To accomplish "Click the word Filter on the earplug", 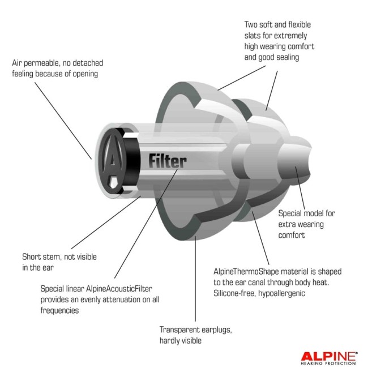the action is click(x=168, y=161).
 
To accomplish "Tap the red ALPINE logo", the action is click(x=329, y=356).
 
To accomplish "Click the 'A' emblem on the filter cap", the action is click(x=113, y=159).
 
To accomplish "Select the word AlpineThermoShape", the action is click(x=246, y=272).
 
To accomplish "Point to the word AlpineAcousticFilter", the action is click(x=119, y=289).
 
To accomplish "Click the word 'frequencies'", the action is click(x=59, y=310).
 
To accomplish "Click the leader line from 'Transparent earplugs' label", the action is click(x=195, y=279).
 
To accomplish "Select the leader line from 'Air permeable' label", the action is click(x=63, y=121).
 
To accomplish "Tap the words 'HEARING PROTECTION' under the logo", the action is click(x=328, y=363).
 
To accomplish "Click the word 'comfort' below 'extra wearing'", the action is click(x=292, y=235).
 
